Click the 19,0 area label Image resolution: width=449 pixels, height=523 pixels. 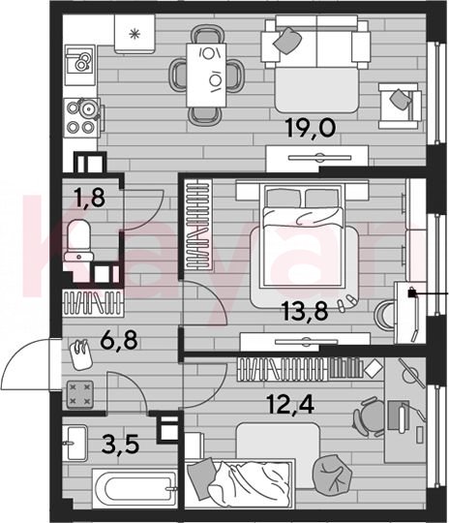coord(311,128)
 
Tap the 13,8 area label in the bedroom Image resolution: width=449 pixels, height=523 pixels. coord(305,310)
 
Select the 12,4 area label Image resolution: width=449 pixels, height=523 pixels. coord(290,404)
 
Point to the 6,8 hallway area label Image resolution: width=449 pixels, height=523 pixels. coord(120,340)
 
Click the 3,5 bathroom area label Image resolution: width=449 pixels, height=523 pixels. coord(120,445)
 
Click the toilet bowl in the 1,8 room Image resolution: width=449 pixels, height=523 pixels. coord(79,240)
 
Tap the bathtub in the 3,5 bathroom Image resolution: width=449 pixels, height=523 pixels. coord(135,489)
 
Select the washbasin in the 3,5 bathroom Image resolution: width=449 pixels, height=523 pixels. coord(75,444)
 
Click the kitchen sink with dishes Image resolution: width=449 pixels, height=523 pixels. coord(80,64)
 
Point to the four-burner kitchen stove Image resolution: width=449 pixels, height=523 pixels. coord(82,118)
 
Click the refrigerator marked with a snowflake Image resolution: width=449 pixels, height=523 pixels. coord(135,34)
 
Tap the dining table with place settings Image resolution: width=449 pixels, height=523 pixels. coord(206,75)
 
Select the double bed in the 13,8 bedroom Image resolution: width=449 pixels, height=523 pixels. coord(303,235)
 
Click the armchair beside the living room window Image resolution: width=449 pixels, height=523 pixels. coord(399,106)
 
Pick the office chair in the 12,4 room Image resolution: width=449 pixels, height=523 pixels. coord(369,416)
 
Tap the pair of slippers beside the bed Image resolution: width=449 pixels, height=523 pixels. coord(347,302)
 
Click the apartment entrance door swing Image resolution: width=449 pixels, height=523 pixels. coord(26,363)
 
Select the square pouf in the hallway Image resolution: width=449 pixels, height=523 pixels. coord(79,394)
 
